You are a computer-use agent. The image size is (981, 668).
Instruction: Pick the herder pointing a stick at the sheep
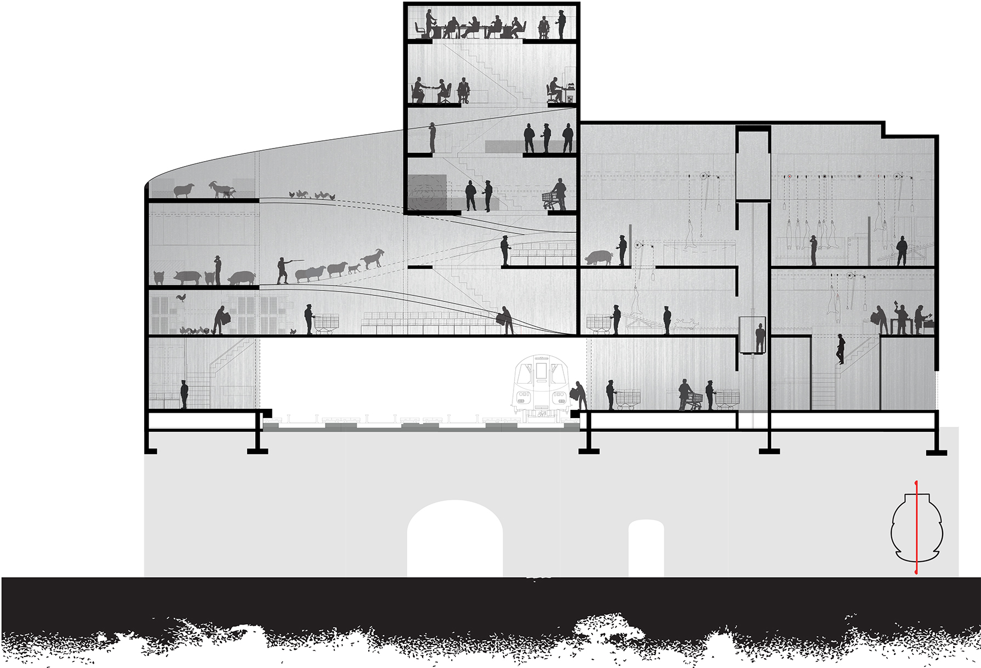click(x=283, y=270)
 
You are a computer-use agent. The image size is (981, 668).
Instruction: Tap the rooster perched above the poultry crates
click(x=181, y=298)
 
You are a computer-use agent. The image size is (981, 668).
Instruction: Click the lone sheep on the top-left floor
click(x=184, y=190)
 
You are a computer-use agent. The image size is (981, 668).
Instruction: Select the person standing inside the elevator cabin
click(x=760, y=338)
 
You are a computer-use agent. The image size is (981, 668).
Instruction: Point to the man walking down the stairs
click(x=841, y=349)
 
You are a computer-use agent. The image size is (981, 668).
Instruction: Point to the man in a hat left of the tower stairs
click(x=432, y=138)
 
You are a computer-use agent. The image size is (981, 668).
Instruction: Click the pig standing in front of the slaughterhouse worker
click(x=598, y=258)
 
